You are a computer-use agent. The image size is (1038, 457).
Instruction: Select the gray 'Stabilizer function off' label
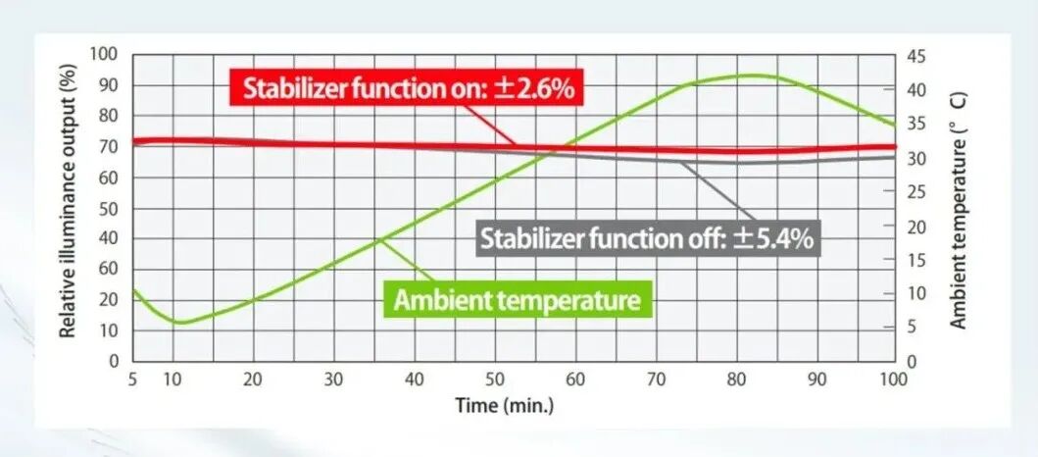[x=647, y=237]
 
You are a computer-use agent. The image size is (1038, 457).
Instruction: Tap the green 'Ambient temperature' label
[x=517, y=299]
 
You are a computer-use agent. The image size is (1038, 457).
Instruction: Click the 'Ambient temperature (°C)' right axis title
[x=960, y=210]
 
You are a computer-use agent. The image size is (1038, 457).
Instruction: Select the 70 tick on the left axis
[x=109, y=146]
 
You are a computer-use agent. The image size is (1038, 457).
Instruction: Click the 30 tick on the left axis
[x=109, y=269]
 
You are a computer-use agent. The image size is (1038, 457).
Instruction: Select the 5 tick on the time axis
[x=132, y=379]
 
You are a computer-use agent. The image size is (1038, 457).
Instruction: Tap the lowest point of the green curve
[x=178, y=322]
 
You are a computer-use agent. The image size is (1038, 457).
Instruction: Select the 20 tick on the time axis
[x=253, y=379]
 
